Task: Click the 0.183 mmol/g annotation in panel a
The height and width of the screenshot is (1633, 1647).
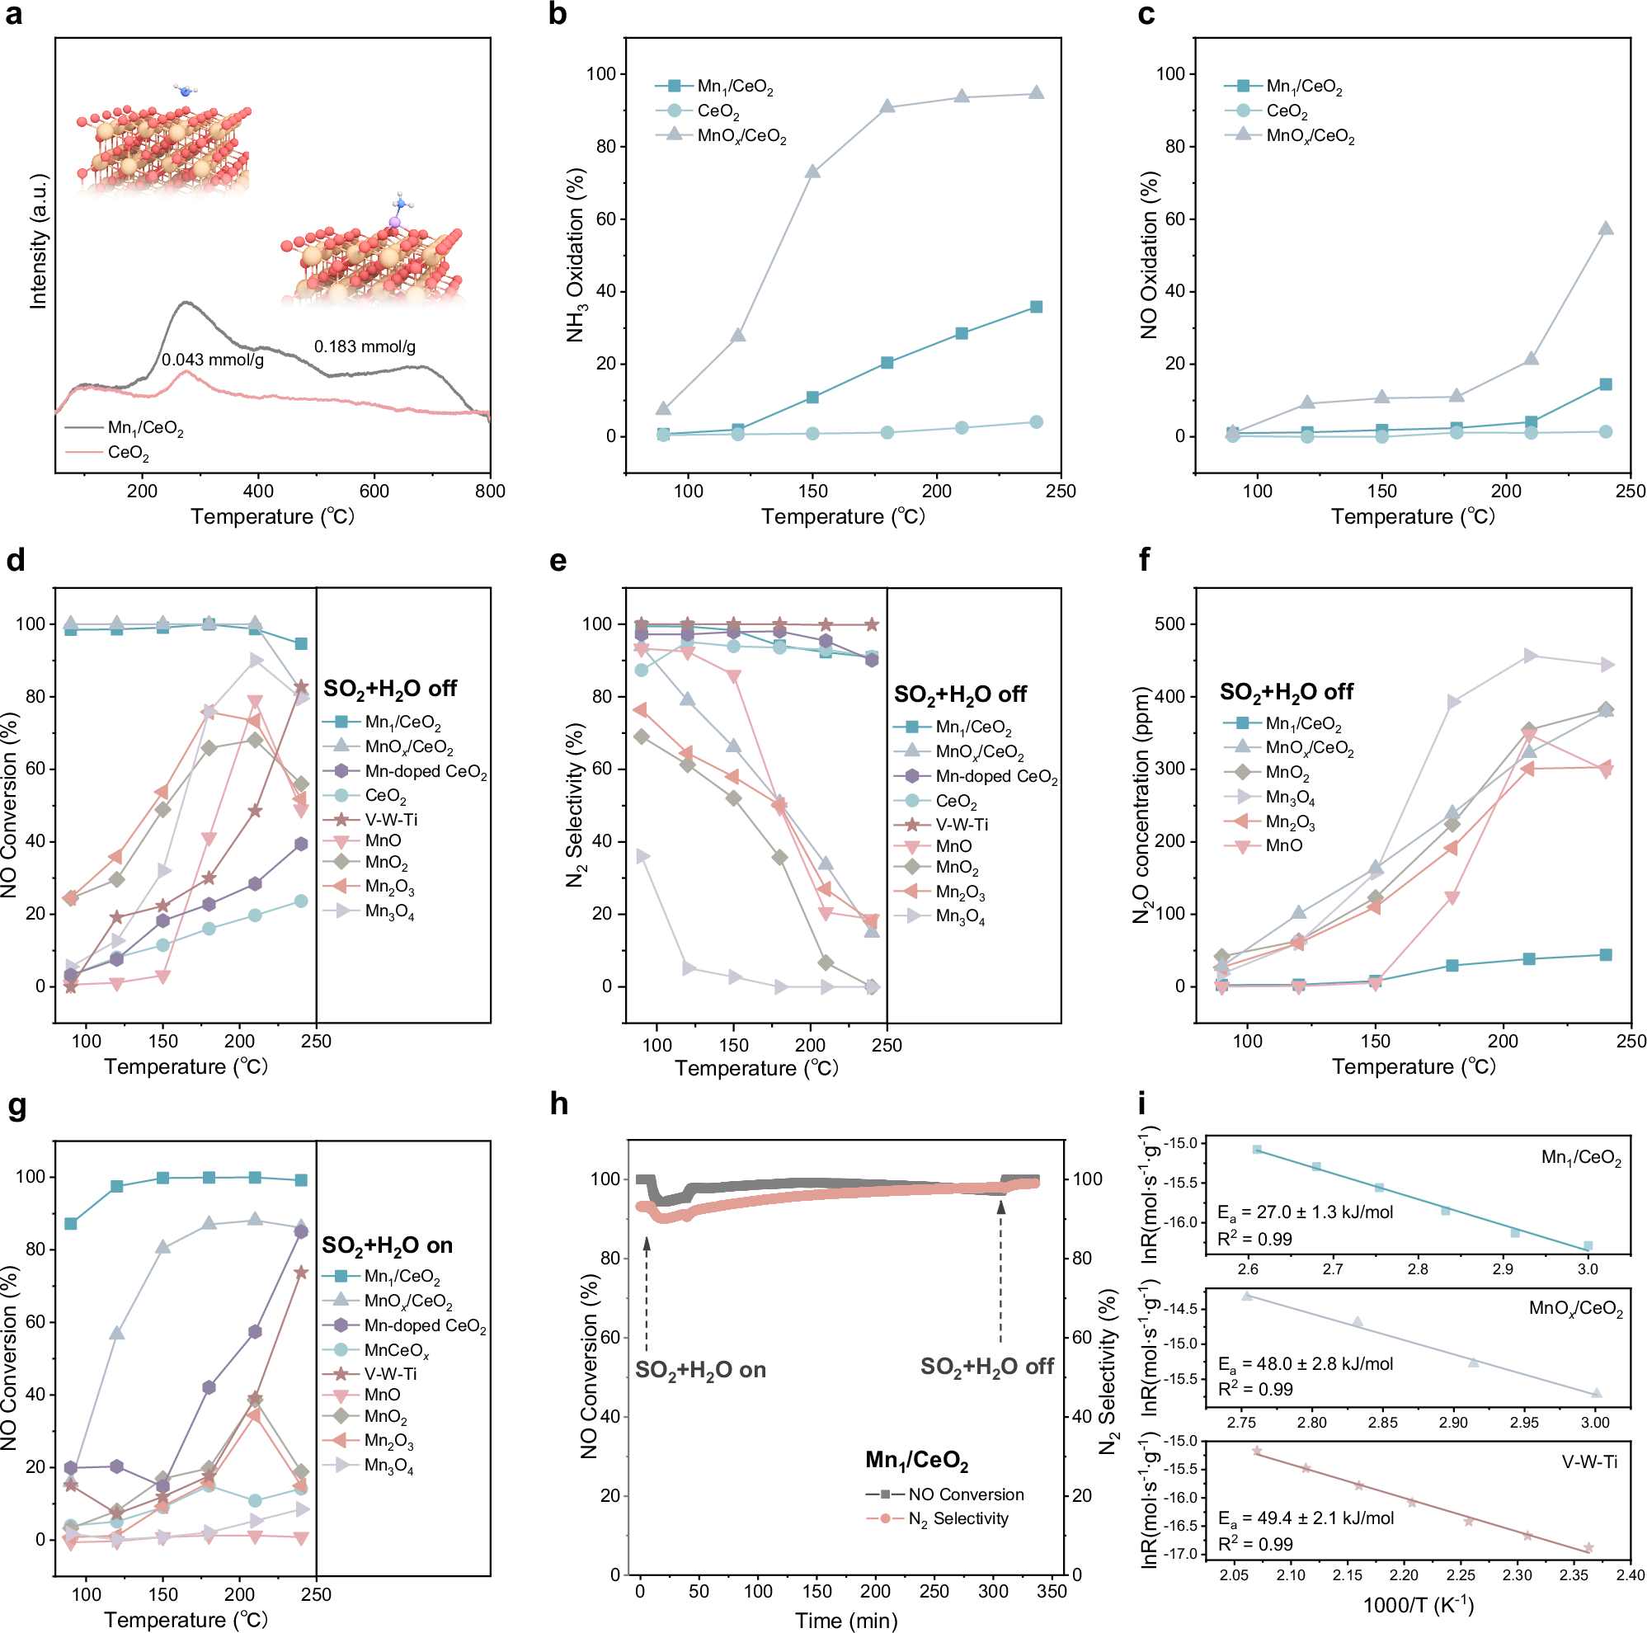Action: point(365,347)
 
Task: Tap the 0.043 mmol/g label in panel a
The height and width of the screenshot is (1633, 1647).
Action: point(213,360)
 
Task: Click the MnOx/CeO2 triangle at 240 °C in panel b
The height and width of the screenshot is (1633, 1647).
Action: point(1036,93)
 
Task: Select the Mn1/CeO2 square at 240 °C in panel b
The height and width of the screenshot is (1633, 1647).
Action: point(1036,307)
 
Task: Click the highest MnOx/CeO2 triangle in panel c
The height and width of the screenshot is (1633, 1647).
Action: point(1606,228)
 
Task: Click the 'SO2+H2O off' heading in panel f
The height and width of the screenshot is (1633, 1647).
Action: point(1286,692)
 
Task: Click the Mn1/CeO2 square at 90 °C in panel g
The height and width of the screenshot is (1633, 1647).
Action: point(71,1224)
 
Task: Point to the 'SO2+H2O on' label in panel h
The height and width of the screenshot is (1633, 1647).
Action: point(700,1371)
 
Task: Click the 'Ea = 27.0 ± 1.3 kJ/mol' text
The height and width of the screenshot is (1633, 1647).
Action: point(1304,1212)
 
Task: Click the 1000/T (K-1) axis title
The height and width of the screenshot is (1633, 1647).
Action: point(1418,1605)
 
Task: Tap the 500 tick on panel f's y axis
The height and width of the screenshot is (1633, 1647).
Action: point(1168,624)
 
